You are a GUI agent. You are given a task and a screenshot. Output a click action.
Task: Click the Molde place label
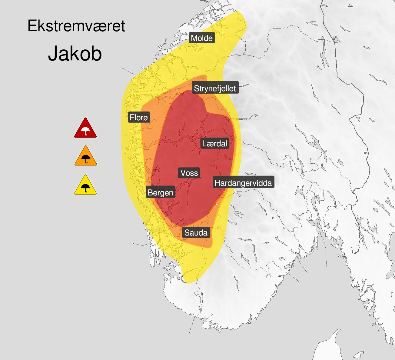click(x=202, y=38)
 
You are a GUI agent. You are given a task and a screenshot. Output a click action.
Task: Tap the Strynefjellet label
click(x=215, y=88)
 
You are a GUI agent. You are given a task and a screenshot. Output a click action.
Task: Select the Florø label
click(x=139, y=117)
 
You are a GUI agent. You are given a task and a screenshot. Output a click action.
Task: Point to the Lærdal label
click(x=214, y=143)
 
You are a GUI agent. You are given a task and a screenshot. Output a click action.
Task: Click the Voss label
click(x=189, y=173)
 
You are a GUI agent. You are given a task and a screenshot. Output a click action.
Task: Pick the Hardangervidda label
click(x=243, y=183)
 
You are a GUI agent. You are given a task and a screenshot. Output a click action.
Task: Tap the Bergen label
click(x=160, y=192)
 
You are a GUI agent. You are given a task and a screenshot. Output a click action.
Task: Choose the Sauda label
click(x=196, y=233)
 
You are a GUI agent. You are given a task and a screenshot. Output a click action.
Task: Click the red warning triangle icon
click(x=85, y=128)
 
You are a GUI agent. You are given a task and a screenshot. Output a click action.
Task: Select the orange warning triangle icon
click(x=85, y=156)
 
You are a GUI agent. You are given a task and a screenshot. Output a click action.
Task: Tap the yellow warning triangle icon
click(x=85, y=185)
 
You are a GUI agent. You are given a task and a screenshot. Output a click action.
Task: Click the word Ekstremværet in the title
click(x=76, y=26)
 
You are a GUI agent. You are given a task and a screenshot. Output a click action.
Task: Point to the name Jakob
click(x=75, y=54)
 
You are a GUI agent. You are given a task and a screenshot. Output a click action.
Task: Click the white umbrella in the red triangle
click(x=86, y=131)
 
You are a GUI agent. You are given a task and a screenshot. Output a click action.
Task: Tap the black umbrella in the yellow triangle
click(x=86, y=188)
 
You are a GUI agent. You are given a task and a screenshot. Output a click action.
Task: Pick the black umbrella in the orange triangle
click(x=86, y=159)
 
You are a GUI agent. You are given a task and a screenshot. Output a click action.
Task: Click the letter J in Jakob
click(x=53, y=54)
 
